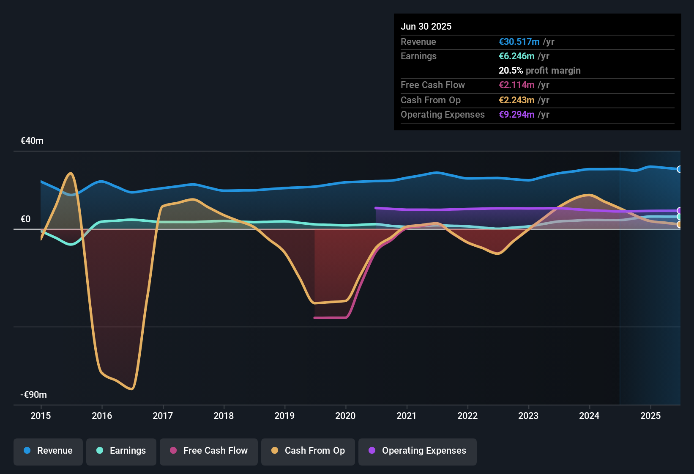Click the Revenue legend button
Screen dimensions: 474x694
coord(48,451)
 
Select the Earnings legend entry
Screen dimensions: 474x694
coord(121,451)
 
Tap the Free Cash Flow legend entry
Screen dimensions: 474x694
coord(209,451)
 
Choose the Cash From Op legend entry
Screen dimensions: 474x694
coord(308,451)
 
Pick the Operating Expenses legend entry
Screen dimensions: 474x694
coord(418,451)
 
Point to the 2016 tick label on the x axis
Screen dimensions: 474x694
coord(102,416)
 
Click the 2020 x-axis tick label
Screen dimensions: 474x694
coord(345,416)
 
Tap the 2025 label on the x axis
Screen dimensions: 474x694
coord(650,416)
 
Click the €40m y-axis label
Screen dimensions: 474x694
coord(32,141)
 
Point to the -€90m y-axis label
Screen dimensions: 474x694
coord(34,395)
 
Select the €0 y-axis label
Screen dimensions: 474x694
coord(26,219)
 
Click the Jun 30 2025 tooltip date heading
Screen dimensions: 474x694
coord(426,27)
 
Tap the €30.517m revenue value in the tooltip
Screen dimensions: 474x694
coord(519,42)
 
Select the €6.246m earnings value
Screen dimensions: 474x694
coord(516,56)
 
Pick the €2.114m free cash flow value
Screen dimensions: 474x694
coord(516,85)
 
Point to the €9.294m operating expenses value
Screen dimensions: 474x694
coord(516,115)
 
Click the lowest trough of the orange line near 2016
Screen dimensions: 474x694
coord(132,389)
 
